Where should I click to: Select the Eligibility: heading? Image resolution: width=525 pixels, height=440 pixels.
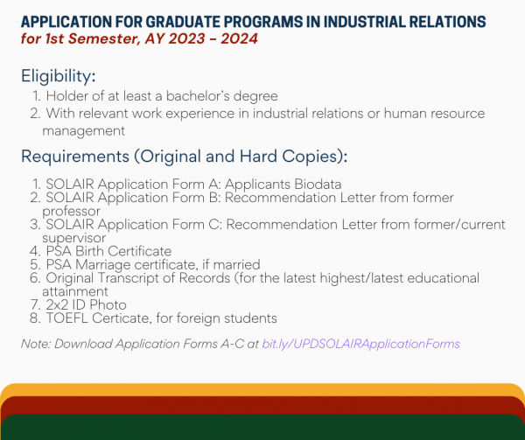59,77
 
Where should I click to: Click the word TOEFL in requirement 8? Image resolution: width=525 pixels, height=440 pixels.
64,318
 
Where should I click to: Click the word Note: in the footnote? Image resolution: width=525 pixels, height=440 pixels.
35,344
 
